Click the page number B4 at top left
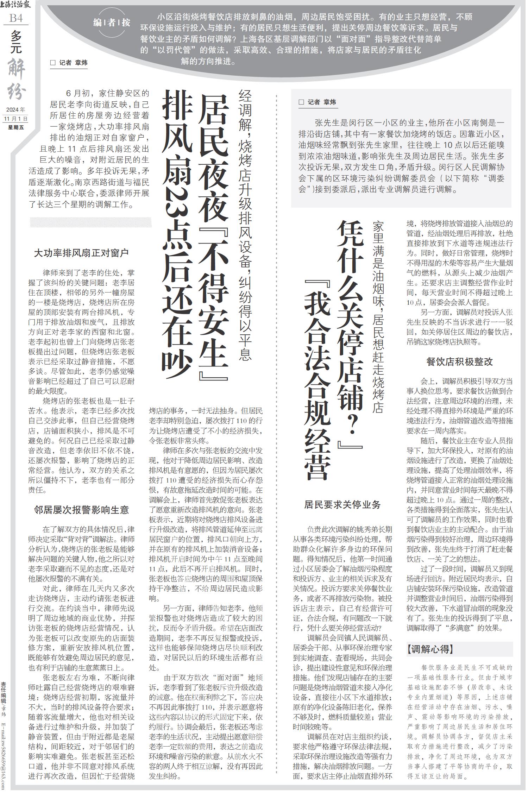click(x=16, y=18)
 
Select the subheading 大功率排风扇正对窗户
click(x=81, y=253)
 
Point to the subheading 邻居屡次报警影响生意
click(x=81, y=510)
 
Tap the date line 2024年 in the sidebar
click(x=15, y=109)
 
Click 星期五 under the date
click(x=16, y=127)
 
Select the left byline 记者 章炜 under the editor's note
click(x=69, y=63)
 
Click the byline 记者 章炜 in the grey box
click(x=318, y=102)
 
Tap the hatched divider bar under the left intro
click(x=90, y=222)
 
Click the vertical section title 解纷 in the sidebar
click(x=17, y=79)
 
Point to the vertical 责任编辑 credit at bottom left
click(x=4, y=692)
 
